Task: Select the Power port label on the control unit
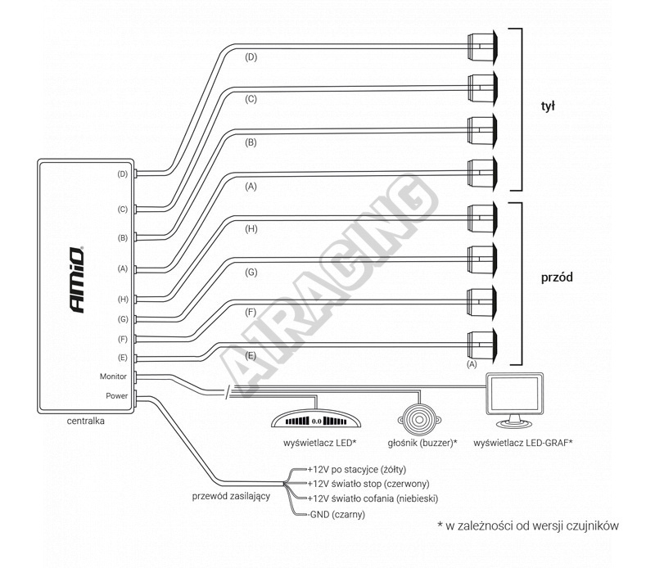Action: (x=115, y=395)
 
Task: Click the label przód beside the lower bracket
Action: (x=557, y=277)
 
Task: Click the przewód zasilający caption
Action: (x=231, y=497)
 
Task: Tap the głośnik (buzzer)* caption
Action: (x=422, y=443)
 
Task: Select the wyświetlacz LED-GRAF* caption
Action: (x=523, y=443)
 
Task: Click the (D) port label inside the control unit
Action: (x=122, y=174)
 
